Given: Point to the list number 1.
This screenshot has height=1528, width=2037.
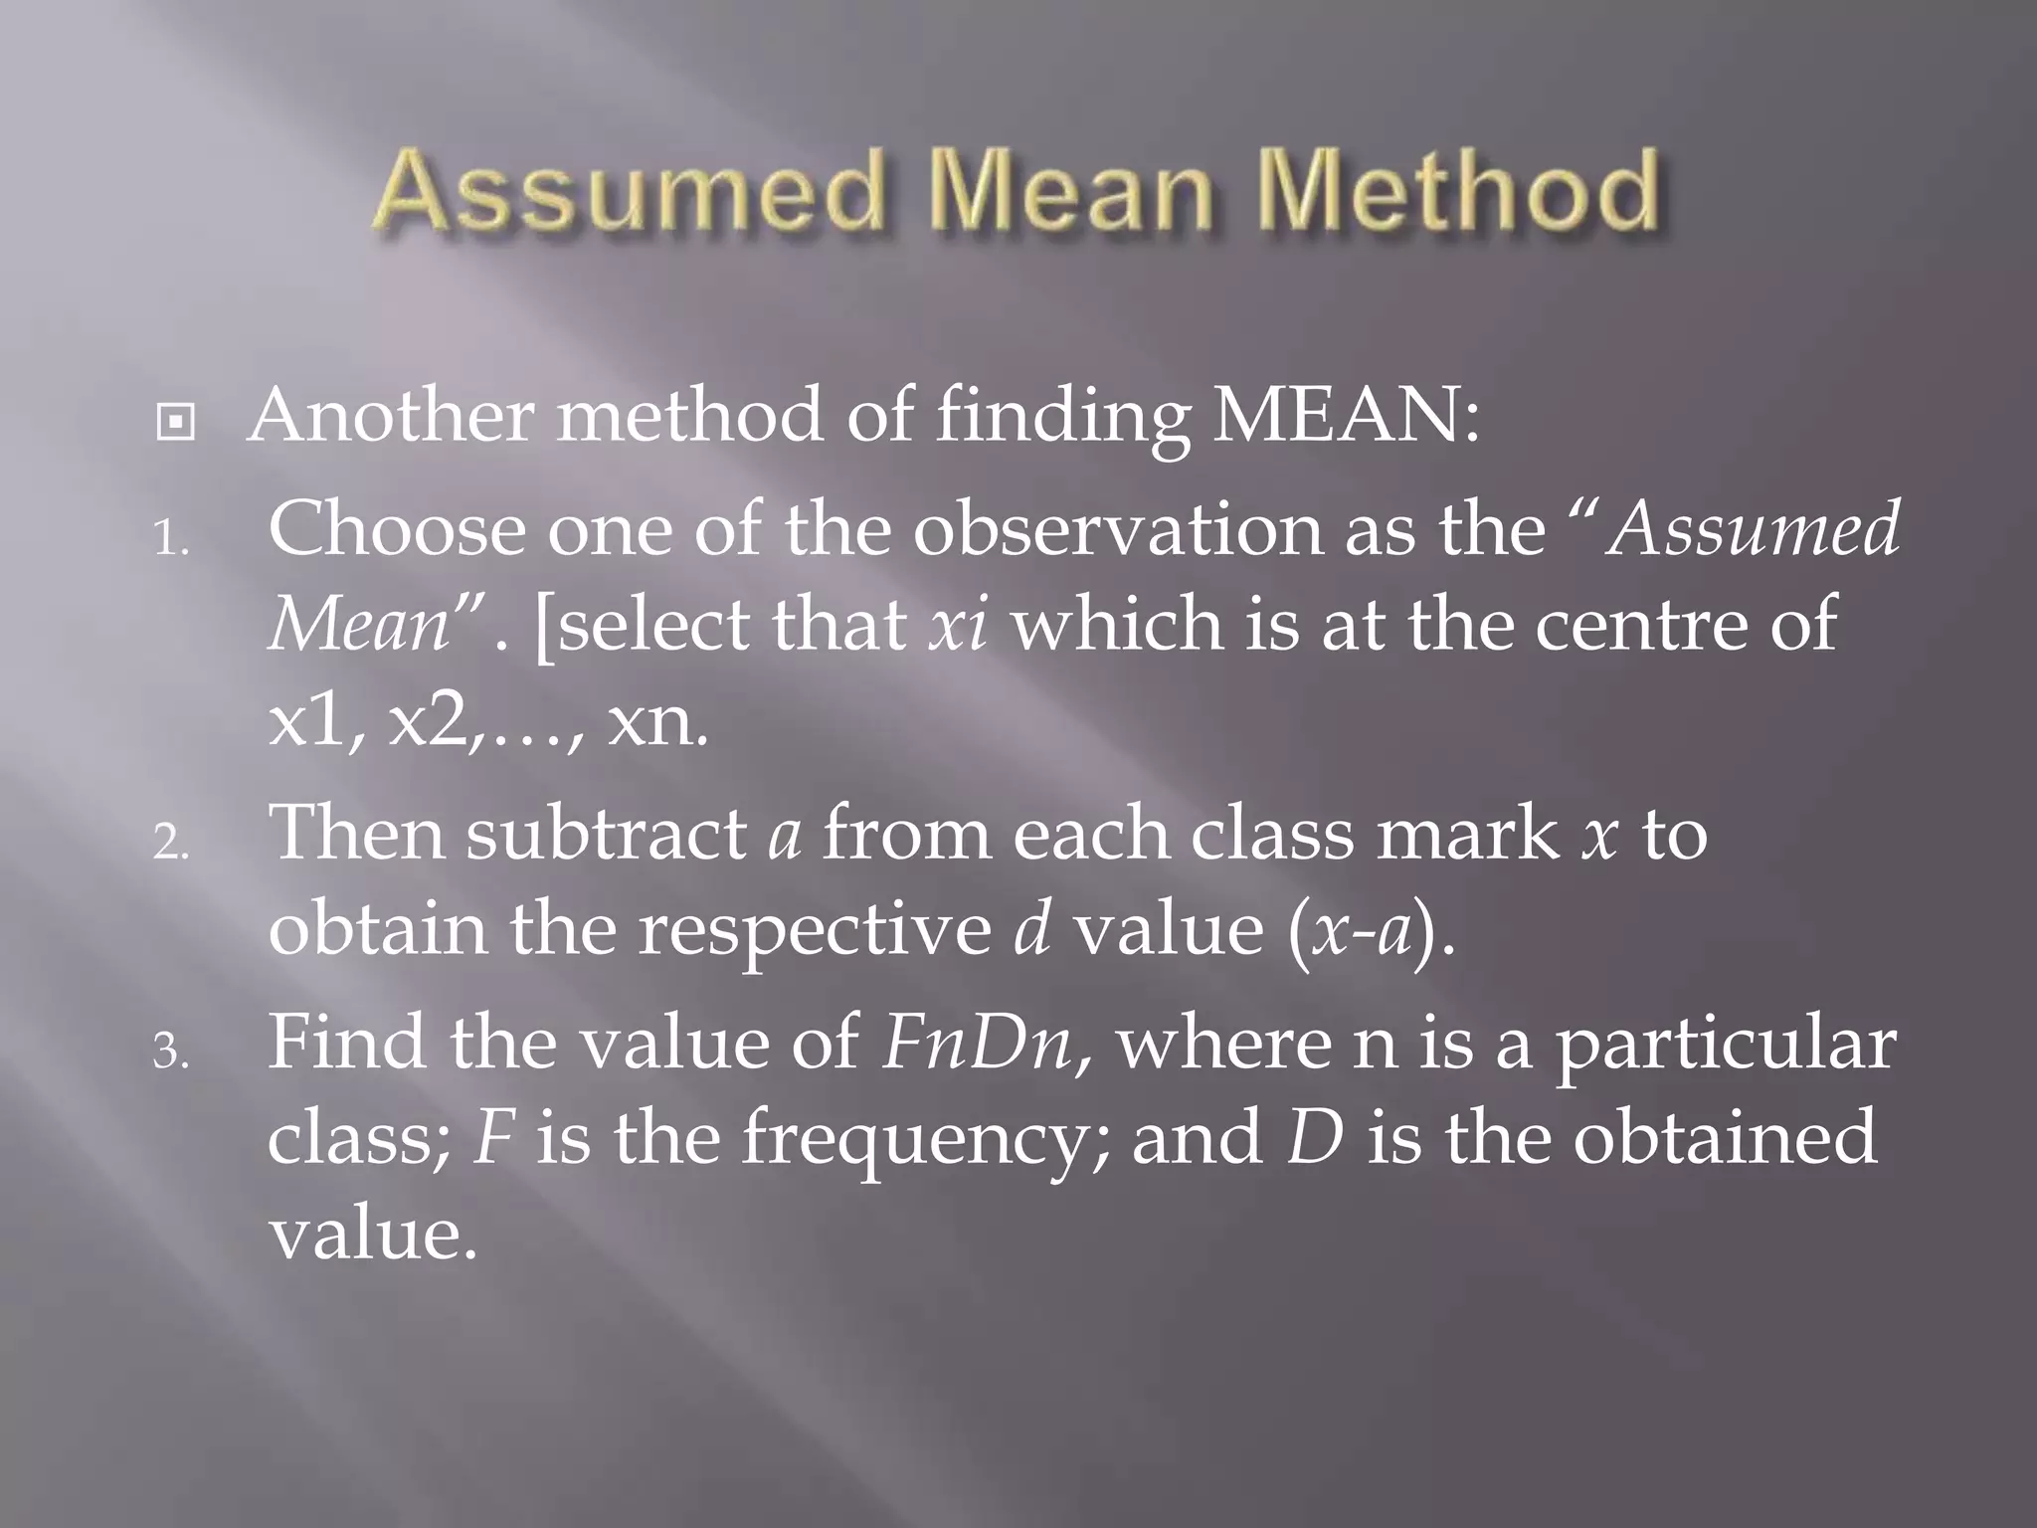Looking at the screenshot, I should pyautogui.click(x=170, y=542).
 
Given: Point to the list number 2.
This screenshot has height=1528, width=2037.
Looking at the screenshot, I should pyautogui.click(x=170, y=845).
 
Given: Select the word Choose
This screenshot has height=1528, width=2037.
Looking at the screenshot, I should pyautogui.click(x=396, y=529).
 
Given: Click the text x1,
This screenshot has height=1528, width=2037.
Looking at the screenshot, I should pyautogui.click(x=317, y=723).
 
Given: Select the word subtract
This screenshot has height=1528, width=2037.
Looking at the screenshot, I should pyautogui.click(x=607, y=833).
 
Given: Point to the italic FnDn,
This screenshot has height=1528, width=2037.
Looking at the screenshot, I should pyautogui.click(x=988, y=1043).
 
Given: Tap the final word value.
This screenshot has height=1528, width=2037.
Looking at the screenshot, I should pyautogui.click(x=373, y=1235).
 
